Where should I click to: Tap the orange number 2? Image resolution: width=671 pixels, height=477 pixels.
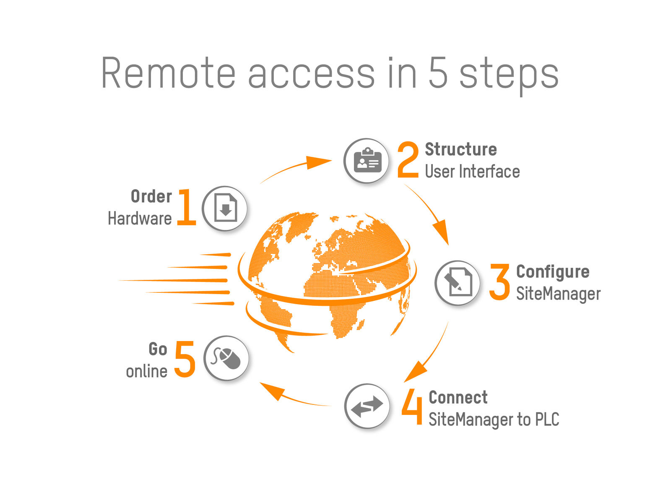coord(408,160)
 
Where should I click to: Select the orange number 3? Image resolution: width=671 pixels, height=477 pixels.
coord(499,282)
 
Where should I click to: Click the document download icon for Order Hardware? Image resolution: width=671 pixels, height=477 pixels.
coord(225,209)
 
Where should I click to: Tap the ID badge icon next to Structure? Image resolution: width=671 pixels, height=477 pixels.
coord(367,161)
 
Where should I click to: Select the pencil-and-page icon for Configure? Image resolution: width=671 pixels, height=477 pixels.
coord(458,283)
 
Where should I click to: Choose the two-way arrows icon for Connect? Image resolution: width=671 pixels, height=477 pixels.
coord(367,406)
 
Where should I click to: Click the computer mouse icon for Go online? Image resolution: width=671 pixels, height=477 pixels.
coord(226,358)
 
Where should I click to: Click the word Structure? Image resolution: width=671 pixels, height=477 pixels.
coord(461,149)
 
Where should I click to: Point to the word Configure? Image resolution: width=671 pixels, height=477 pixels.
coord(553,272)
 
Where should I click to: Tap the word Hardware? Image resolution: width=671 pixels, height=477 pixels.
coord(140,219)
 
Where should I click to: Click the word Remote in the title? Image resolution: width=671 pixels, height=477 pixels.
coord(168,73)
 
